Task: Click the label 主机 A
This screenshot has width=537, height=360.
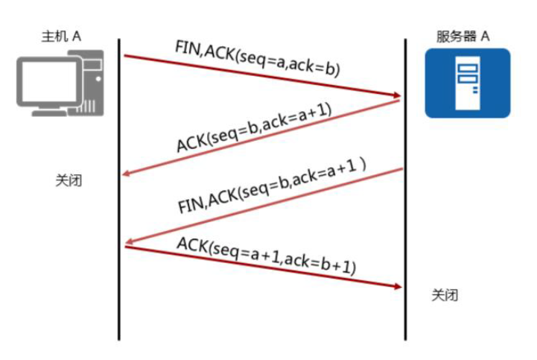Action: tap(61, 36)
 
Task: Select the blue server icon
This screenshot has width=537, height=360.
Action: tap(467, 83)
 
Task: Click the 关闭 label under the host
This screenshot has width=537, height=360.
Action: tap(69, 180)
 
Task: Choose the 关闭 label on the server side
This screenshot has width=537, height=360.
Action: tap(445, 295)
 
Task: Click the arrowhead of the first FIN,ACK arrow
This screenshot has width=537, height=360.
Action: tap(397, 95)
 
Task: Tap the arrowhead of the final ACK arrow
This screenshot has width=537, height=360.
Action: tap(397, 286)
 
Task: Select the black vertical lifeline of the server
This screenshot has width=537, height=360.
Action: tap(405, 224)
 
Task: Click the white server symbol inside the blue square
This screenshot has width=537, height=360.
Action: tap(467, 82)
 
